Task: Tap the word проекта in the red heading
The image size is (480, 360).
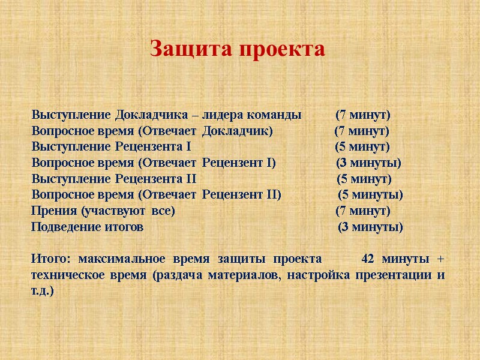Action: [x=281, y=49]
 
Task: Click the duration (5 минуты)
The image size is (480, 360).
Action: [x=370, y=195]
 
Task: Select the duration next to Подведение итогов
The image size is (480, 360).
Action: [x=370, y=227]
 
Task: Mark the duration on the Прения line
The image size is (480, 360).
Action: [x=362, y=211]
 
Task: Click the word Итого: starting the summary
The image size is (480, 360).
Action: [x=50, y=259]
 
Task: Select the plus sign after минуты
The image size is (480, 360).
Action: [x=441, y=260]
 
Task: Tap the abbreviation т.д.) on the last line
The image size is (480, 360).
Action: [x=42, y=292]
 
